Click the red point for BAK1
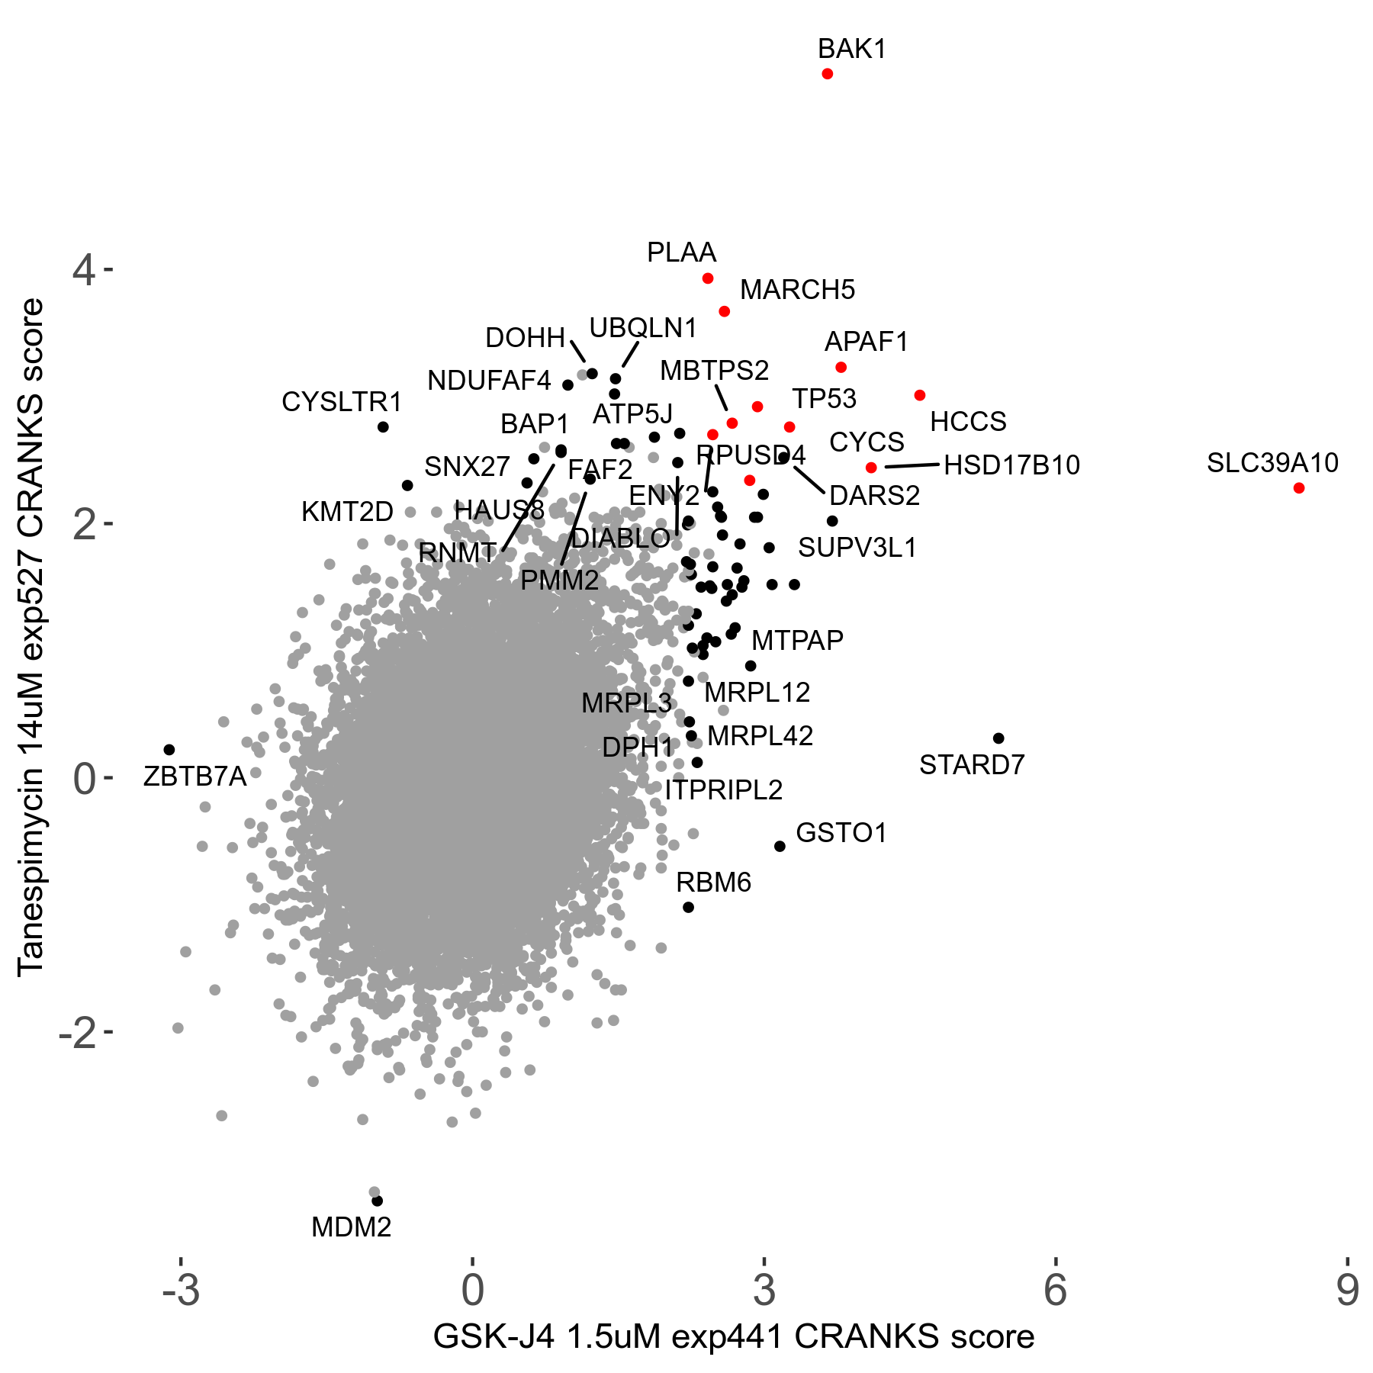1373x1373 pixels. [827, 74]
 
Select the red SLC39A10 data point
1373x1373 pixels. [1299, 488]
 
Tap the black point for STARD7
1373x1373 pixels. [998, 738]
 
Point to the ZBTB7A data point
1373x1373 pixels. [169, 750]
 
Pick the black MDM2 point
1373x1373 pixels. [377, 1201]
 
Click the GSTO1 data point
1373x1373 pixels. [780, 846]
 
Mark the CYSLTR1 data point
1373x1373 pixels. [383, 427]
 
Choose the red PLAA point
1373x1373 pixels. [708, 278]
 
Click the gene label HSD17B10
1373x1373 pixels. [1011, 465]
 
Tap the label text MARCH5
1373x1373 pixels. [797, 290]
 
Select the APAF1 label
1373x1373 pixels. [867, 342]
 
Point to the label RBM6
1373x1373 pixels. [713, 883]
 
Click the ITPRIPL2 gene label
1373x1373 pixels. [723, 789]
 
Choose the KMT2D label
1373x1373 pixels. [347, 512]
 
